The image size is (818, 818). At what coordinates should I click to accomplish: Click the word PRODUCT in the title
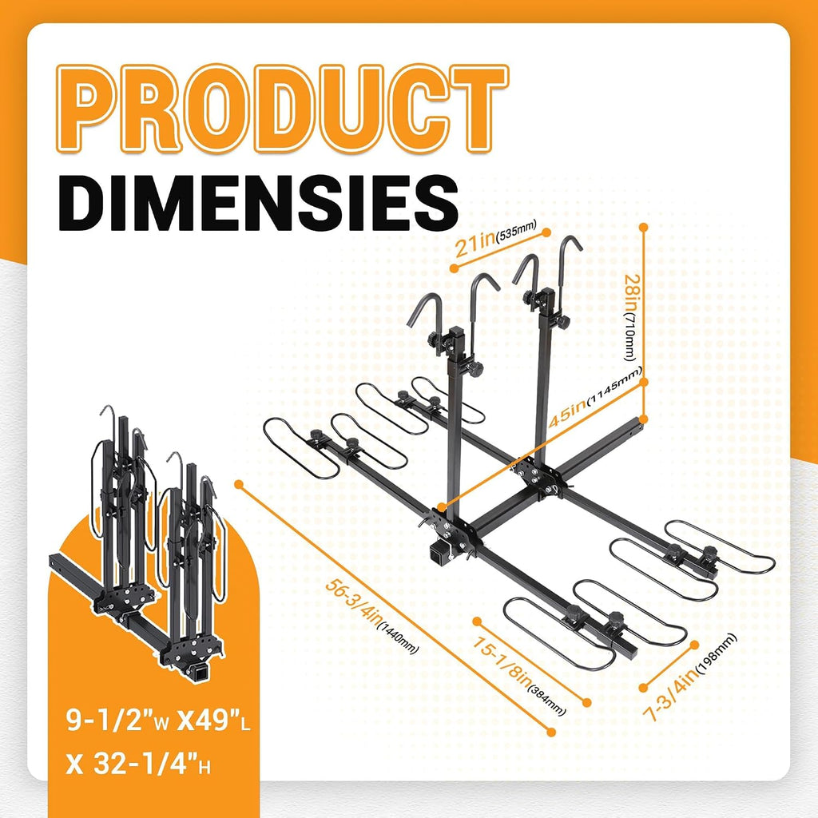pyautogui.click(x=282, y=109)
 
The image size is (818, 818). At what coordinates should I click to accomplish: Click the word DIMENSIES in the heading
pyautogui.click(x=258, y=204)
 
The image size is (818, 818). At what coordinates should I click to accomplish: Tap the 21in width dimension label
pyautogui.click(x=475, y=244)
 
